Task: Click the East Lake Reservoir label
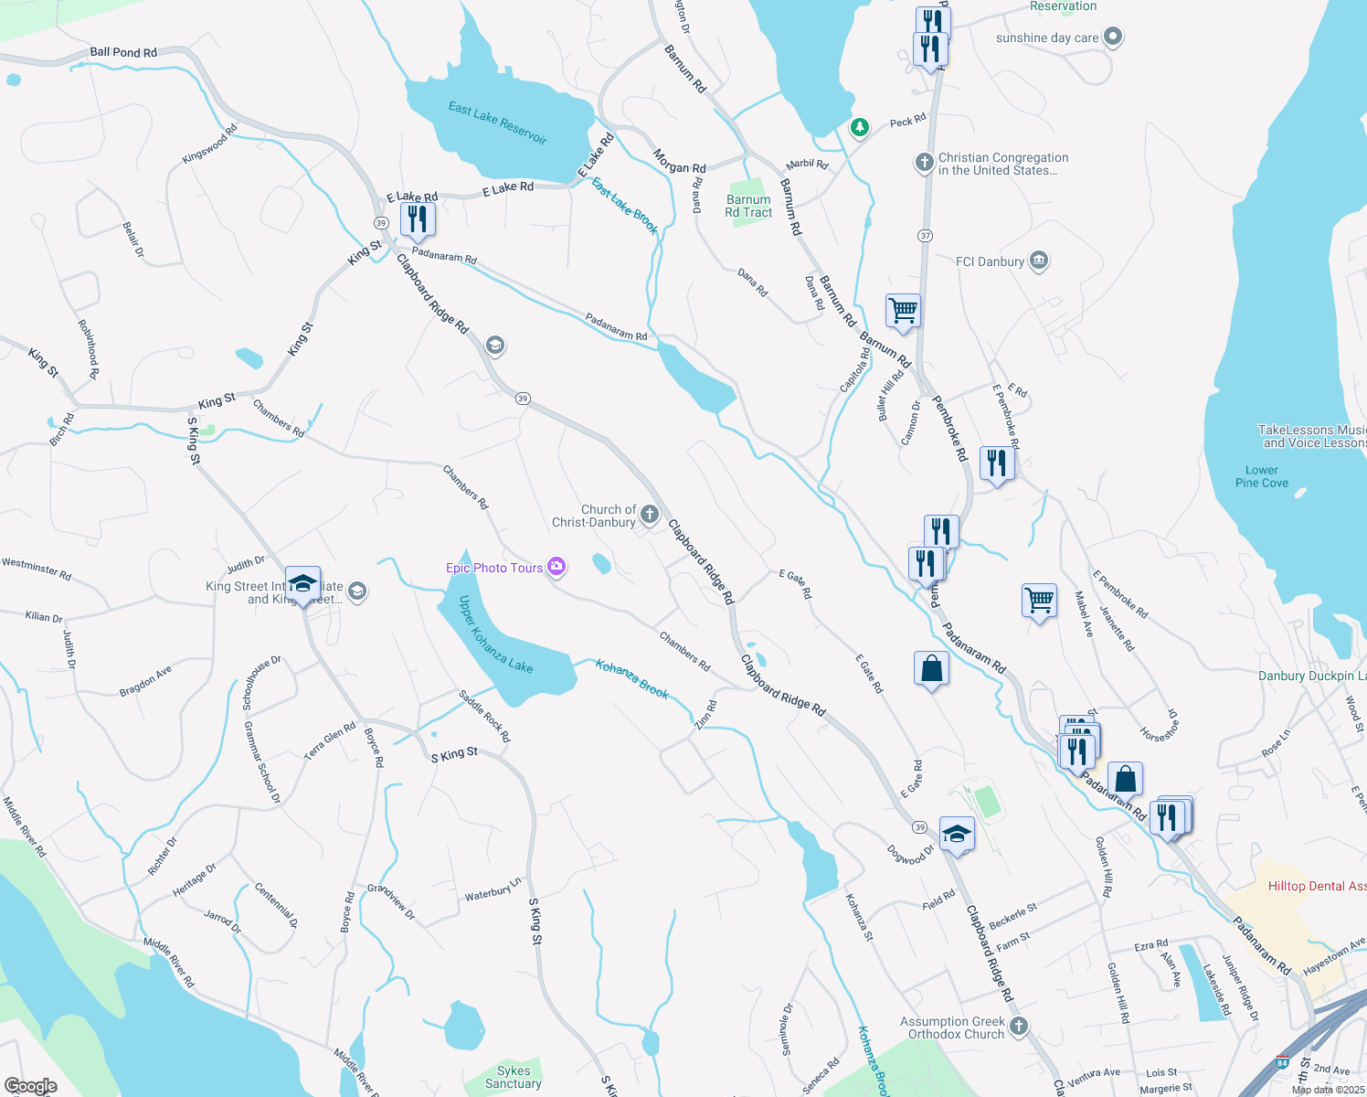(497, 122)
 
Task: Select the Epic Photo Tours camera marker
(556, 568)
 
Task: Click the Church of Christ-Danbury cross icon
(649, 515)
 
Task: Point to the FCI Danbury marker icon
(1039, 261)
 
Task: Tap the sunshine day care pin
(1112, 37)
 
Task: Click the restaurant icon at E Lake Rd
(418, 219)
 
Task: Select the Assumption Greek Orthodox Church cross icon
(1019, 1027)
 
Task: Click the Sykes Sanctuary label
(514, 1077)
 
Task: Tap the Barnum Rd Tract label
(748, 206)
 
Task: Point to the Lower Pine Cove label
(1262, 476)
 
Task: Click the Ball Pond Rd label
(123, 52)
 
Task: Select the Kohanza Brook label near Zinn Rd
(632, 679)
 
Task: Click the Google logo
(30, 1086)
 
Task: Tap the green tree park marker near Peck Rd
(859, 127)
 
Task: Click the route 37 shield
(926, 236)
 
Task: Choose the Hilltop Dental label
(1317, 886)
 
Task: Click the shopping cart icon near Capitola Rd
(903, 310)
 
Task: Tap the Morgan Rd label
(679, 162)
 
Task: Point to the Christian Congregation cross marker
(924, 163)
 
